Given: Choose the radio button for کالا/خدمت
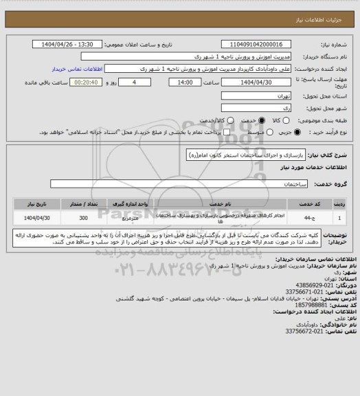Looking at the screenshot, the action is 203,120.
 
